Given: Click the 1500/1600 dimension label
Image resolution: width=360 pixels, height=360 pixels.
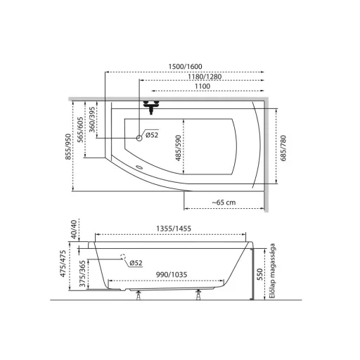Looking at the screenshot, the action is [x=185, y=67].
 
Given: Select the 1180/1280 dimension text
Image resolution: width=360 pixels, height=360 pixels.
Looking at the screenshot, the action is [x=205, y=77].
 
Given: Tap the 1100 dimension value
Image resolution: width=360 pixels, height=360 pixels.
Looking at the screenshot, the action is [x=202, y=86].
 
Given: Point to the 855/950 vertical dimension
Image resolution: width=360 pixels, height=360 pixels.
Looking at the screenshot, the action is [x=68, y=147].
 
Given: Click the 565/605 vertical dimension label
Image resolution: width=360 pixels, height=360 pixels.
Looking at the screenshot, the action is [x=80, y=129].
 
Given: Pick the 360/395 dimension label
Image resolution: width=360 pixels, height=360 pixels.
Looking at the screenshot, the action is [x=92, y=120].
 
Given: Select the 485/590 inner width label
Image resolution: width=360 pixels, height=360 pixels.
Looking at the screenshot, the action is [x=179, y=148].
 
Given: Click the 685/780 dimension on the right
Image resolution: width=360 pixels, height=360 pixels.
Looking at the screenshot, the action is [x=283, y=148].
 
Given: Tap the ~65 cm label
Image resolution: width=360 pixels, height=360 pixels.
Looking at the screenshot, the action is [x=224, y=202].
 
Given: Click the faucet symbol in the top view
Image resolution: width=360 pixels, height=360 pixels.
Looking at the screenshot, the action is [x=151, y=107].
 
